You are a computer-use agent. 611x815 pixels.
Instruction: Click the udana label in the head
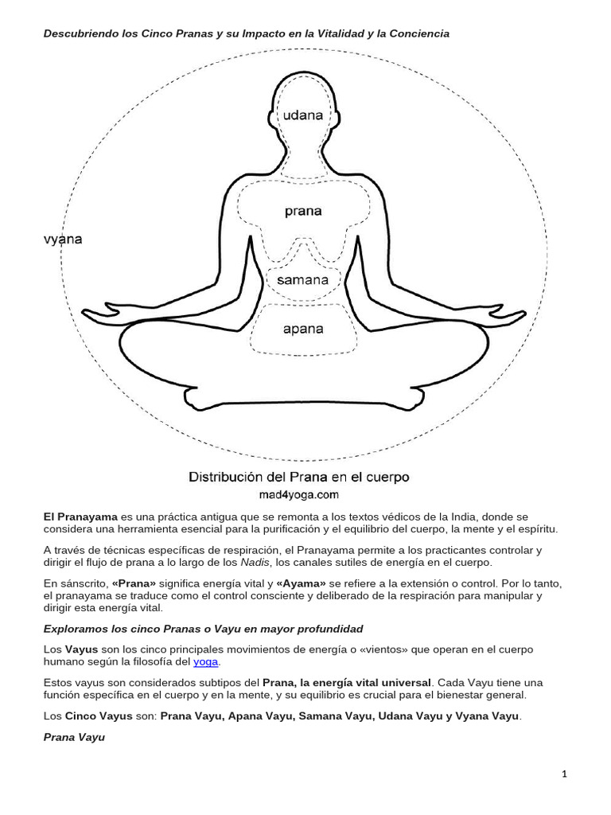(303, 115)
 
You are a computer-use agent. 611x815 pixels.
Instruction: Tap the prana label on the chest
(303, 211)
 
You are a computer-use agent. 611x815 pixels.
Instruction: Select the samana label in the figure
(302, 280)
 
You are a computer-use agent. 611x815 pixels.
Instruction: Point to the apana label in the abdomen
(303, 327)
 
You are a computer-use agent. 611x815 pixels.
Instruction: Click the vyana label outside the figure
(63, 239)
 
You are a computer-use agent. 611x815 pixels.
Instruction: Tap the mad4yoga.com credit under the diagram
(299, 493)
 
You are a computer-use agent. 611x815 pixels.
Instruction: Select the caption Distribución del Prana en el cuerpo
(299, 478)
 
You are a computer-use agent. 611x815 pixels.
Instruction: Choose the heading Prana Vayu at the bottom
(74, 738)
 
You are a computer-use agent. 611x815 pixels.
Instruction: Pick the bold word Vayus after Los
(82, 650)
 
